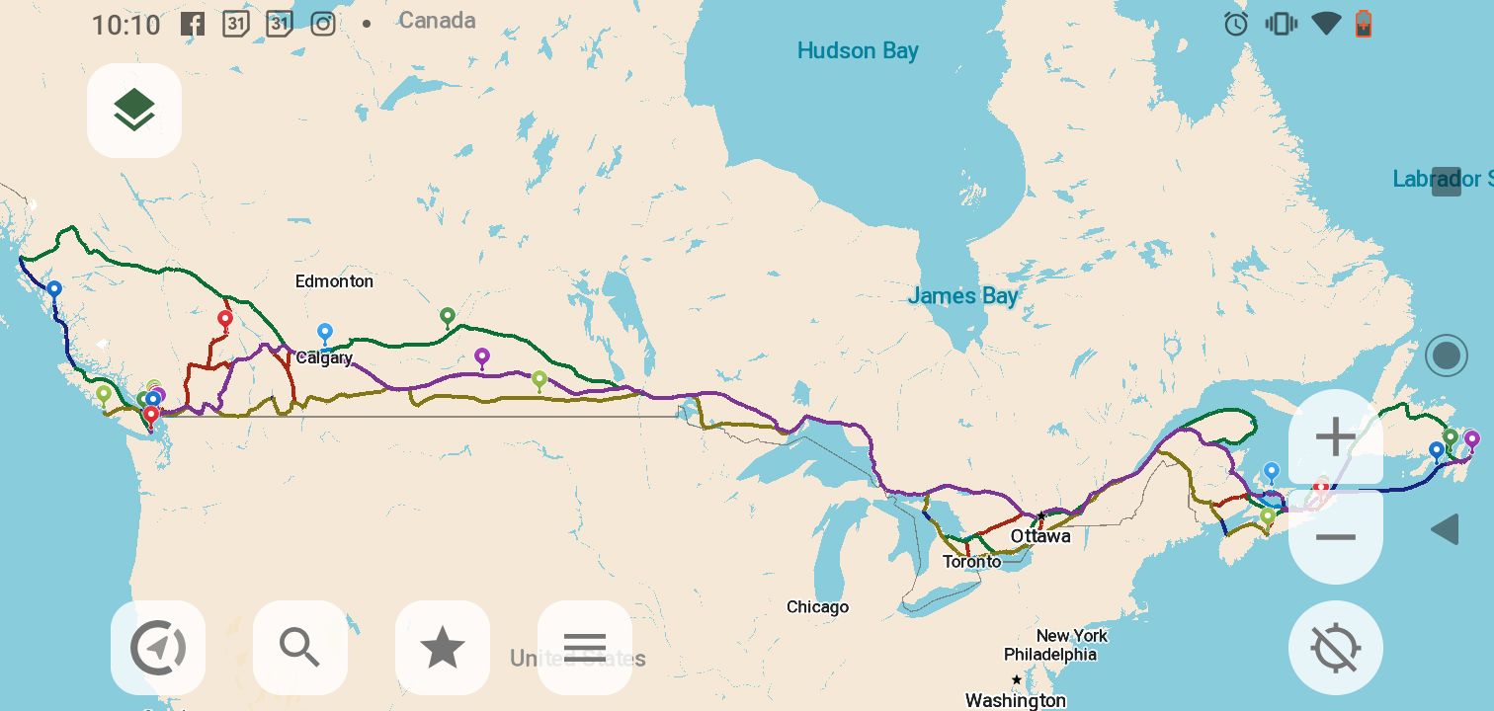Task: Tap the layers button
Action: pyautogui.click(x=134, y=110)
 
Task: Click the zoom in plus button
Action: pyautogui.click(x=1336, y=437)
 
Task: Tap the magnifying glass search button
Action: pyautogui.click(x=299, y=648)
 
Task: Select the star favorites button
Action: pyautogui.click(x=442, y=648)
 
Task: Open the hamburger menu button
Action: pyautogui.click(x=584, y=648)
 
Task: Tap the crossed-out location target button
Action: pyautogui.click(x=1336, y=648)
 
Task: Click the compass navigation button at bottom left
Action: pyautogui.click(x=158, y=648)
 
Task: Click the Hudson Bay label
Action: pyautogui.click(x=858, y=51)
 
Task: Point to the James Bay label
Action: pyautogui.click(x=962, y=295)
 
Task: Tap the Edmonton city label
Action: pyautogui.click(x=334, y=281)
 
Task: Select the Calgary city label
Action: pyautogui.click(x=324, y=358)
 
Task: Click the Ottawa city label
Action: pyautogui.click(x=1039, y=536)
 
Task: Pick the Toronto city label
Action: pyautogui.click(x=971, y=561)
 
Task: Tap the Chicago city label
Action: pyautogui.click(x=817, y=607)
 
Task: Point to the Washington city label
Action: pyautogui.click(x=1015, y=700)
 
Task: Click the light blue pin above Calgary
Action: pyautogui.click(x=324, y=332)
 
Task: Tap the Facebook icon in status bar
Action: pyautogui.click(x=193, y=24)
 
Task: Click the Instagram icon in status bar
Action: pyautogui.click(x=323, y=24)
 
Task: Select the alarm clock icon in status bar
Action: pyautogui.click(x=1236, y=24)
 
